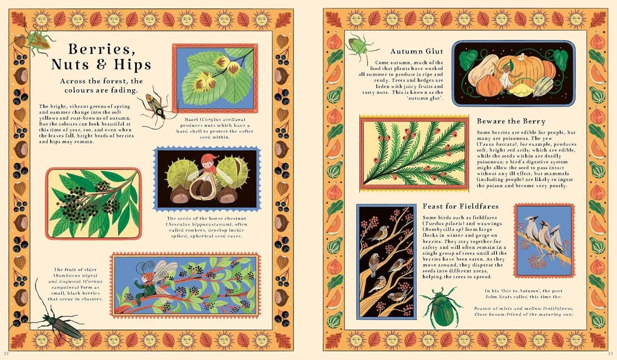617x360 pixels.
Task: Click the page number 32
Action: pos(6,353)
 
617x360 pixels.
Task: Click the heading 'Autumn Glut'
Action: pos(417,51)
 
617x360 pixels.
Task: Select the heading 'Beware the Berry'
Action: pos(511,121)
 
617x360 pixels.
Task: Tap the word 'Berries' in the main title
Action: pos(100,49)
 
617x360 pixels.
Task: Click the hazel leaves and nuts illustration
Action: pos(215,78)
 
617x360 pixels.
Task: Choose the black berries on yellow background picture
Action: pos(93,204)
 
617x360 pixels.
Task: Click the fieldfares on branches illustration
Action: pos(386,262)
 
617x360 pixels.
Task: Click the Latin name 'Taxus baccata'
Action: pos(496,144)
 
